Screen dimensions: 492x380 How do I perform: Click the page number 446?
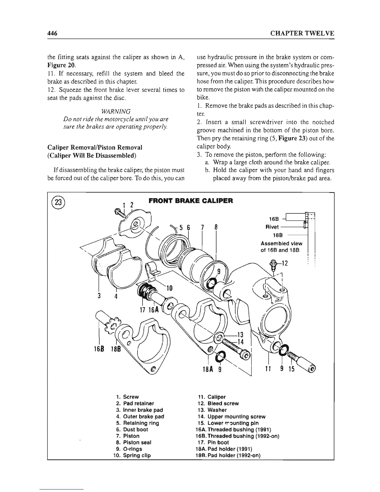point(53,33)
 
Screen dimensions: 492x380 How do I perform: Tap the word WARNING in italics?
point(115,112)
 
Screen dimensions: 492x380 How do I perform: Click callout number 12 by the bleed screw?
point(284,263)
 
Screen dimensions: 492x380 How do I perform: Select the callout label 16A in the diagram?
point(154,310)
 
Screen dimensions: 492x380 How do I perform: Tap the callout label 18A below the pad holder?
point(206,370)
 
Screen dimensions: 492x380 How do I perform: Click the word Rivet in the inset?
point(272,227)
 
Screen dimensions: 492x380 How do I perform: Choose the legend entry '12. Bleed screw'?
point(218,403)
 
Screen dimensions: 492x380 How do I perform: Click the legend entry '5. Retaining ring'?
point(138,423)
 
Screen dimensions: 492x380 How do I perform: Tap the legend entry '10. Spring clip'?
point(133,455)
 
